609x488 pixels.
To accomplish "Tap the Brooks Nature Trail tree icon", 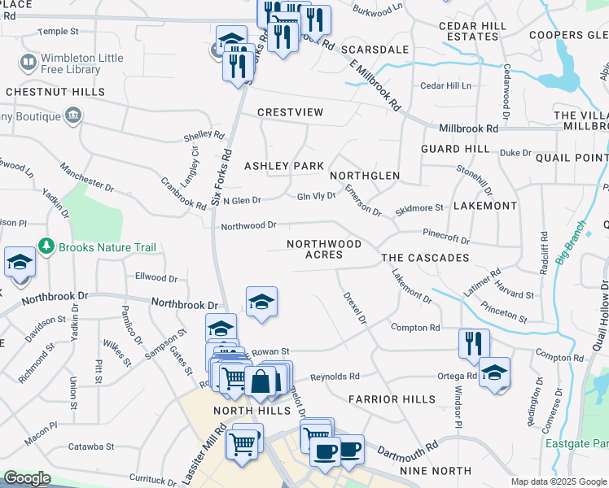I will pyautogui.click(x=46, y=246).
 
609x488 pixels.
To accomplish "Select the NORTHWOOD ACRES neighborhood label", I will pyautogui.click(x=323, y=249).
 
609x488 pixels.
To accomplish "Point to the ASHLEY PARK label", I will pyautogui.click(x=284, y=166).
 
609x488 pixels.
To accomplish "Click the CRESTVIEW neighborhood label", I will pyautogui.click(x=290, y=112).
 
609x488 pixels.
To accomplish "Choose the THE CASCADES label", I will pyautogui.click(x=425, y=258).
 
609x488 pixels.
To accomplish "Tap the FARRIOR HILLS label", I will pyautogui.click(x=397, y=399).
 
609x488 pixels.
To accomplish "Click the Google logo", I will pyautogui.click(x=27, y=478).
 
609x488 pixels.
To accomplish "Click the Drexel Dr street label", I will pyautogui.click(x=355, y=308).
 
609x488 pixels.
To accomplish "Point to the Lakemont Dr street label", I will pyautogui.click(x=411, y=288).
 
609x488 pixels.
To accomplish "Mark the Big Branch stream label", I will pyautogui.click(x=572, y=242).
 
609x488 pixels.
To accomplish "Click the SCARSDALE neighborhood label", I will pyautogui.click(x=375, y=50).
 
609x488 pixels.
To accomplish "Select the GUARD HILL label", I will pyautogui.click(x=455, y=149).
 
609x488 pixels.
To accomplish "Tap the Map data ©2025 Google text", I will pyautogui.click(x=559, y=481).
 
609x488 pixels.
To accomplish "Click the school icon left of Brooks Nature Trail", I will pyautogui.click(x=20, y=262).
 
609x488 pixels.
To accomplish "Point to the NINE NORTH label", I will pyautogui.click(x=435, y=471).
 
